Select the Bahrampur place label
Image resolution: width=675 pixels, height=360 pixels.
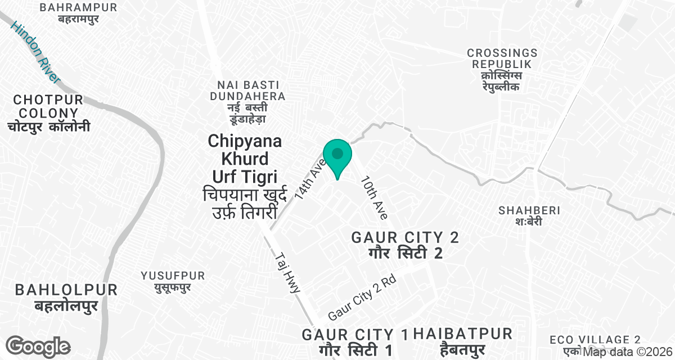79,12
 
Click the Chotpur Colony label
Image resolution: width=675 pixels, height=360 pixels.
48,113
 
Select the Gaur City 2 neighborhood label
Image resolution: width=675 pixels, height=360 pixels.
405,245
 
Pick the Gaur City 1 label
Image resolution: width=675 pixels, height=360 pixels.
355,342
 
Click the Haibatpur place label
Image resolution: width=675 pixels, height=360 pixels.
462,341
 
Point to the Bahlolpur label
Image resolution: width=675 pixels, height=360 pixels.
66,298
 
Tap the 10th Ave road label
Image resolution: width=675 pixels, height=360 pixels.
375,199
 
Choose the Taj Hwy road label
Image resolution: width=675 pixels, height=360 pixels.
289,273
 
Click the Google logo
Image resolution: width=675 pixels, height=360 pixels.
38,345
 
